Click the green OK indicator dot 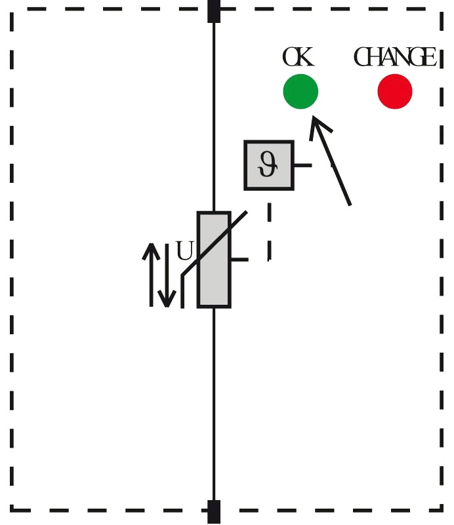tap(300, 91)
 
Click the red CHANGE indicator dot tap(395, 91)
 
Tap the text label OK tap(299, 57)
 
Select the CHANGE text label tap(395, 57)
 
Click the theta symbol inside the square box tap(268, 164)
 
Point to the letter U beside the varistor tap(184, 251)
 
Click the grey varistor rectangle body tap(214, 260)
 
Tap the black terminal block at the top tap(214, 11)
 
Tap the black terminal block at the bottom tap(214, 513)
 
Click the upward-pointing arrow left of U tap(152, 275)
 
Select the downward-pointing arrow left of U tap(167, 275)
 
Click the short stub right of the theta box tap(303, 165)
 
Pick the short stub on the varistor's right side tap(239, 260)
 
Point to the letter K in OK tap(306, 57)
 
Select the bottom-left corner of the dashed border tap(12, 511)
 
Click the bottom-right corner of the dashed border tap(442, 511)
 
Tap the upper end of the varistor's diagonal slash tap(246, 212)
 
